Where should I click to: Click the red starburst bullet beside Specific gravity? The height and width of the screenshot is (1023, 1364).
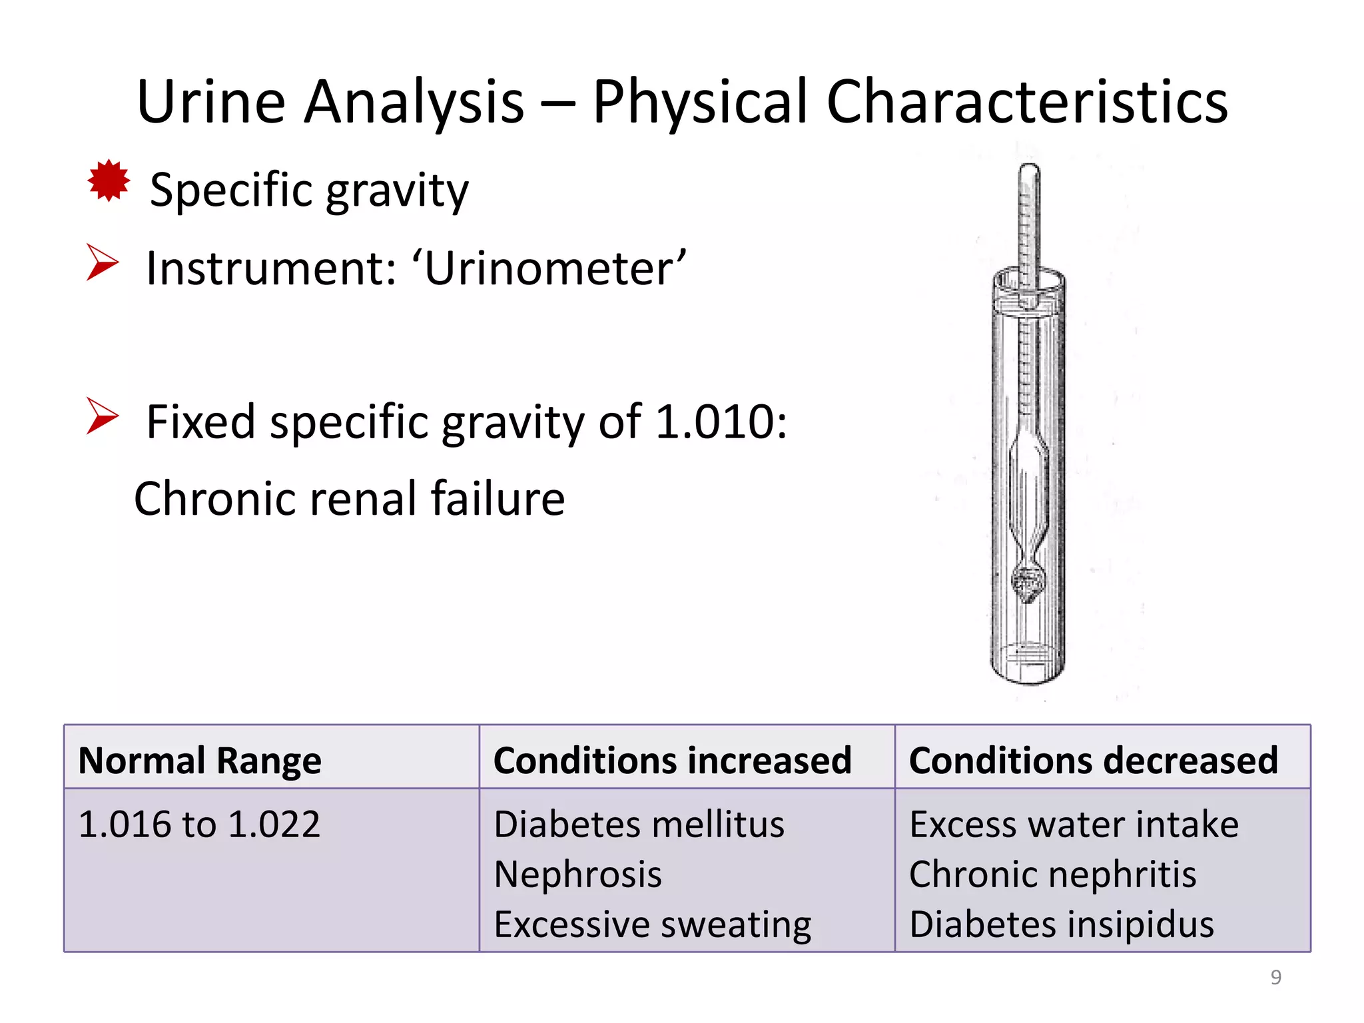(109, 180)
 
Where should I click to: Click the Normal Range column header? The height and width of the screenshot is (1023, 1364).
(200, 760)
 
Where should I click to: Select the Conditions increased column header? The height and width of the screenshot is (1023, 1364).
(672, 760)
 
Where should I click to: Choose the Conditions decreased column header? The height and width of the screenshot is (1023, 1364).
(1093, 760)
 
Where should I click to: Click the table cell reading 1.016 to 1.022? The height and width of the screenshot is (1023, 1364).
(200, 824)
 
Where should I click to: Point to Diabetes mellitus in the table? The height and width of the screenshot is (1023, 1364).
(639, 824)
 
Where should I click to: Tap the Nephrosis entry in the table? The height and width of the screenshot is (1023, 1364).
(578, 874)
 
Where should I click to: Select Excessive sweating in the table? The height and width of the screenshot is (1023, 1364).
(653, 924)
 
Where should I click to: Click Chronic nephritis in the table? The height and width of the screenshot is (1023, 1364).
(1052, 874)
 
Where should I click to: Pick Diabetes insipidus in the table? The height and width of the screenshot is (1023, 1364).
(1062, 924)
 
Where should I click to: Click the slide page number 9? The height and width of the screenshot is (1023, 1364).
(1275, 977)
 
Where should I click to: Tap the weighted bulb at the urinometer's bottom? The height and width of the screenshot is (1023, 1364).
(1028, 581)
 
